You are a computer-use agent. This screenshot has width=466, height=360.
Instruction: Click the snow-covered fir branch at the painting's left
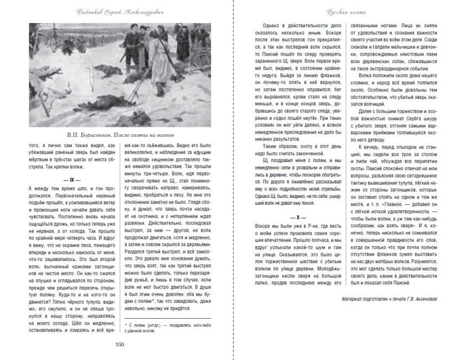click(x=45, y=75)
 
